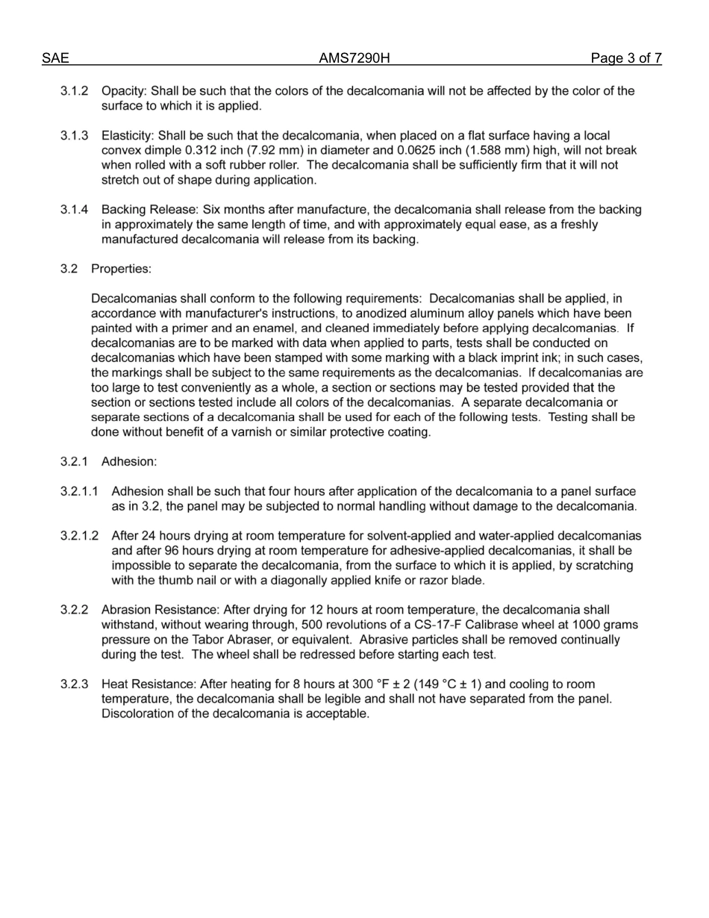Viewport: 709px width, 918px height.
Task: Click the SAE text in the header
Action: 55,59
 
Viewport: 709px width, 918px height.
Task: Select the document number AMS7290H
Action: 354,59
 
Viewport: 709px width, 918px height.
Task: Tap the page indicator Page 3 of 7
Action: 626,59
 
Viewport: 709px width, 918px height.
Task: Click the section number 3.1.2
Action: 75,91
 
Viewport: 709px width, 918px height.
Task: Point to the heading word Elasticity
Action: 126,136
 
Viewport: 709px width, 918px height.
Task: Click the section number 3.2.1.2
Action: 80,536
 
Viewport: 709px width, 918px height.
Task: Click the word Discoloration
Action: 139,714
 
